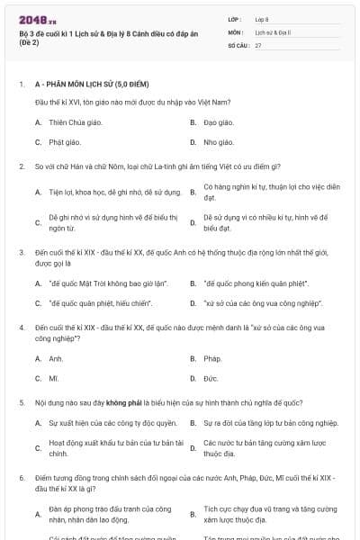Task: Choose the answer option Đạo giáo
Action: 219,121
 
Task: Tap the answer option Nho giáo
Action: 218,142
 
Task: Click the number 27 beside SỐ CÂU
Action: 258,44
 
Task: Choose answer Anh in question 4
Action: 56,358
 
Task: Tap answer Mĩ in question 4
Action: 54,379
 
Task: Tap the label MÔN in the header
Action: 235,31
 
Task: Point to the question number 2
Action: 21,166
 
